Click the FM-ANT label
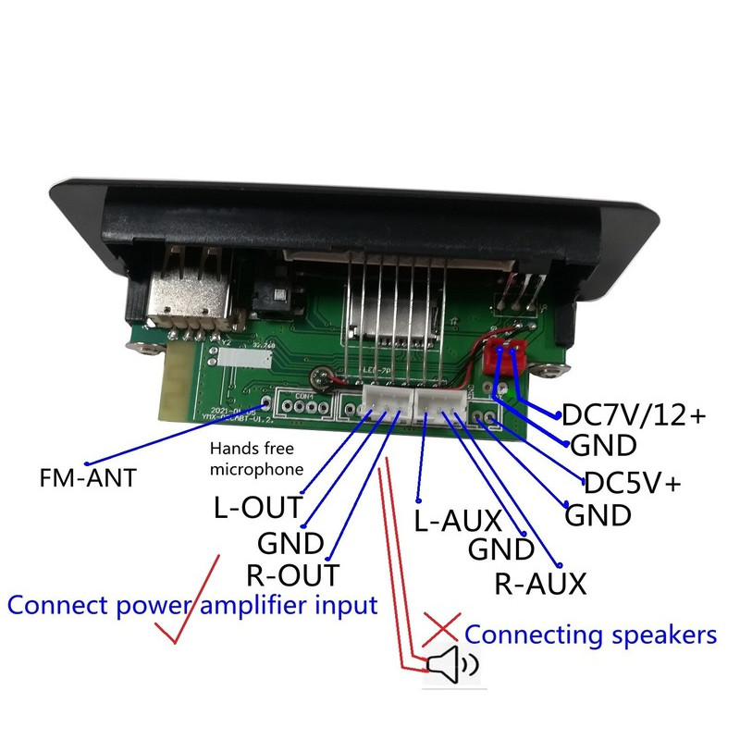click(87, 478)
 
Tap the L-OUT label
click(257, 507)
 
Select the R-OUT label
click(292, 574)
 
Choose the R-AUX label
click(540, 583)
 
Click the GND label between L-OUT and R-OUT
click(290, 541)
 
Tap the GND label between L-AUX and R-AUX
click(501, 549)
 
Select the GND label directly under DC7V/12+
click(603, 446)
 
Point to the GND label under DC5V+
click(598, 514)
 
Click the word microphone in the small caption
click(257, 469)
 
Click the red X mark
click(442, 629)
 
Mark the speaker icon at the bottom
click(452, 664)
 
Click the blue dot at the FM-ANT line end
click(87, 462)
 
